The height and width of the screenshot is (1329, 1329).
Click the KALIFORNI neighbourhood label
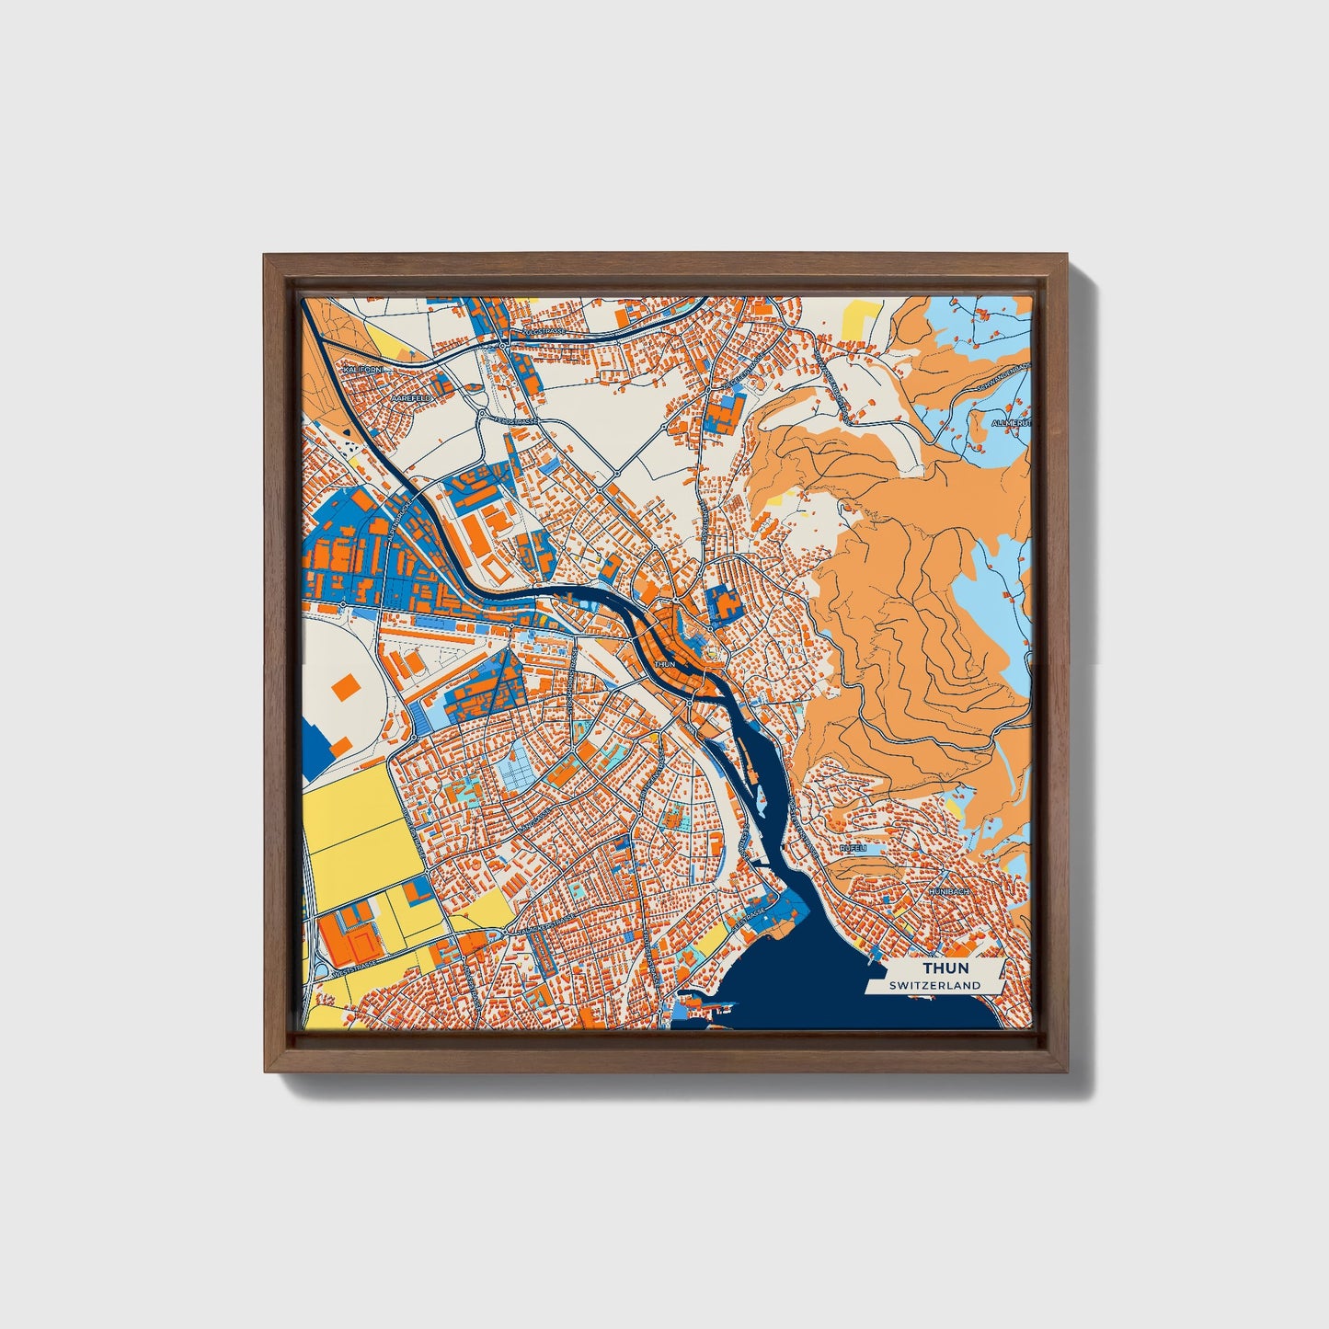coord(361,369)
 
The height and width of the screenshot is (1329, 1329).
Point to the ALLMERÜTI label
coord(1012,422)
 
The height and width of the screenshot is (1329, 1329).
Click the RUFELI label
coord(853,848)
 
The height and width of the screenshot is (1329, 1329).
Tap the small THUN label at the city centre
coord(664,663)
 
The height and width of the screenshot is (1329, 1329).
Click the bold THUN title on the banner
coord(945,968)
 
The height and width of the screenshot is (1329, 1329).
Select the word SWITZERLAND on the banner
coord(934,985)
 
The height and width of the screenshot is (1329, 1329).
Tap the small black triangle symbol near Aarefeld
coord(347,431)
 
